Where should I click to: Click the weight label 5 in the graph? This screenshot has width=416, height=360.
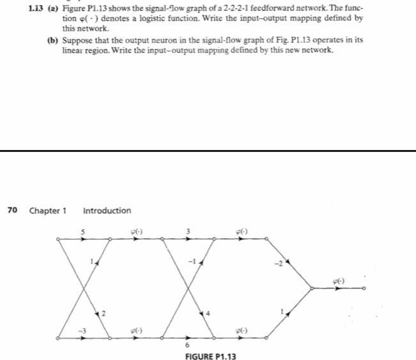pos(83,231)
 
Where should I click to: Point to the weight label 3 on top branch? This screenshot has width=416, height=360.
pos(189,231)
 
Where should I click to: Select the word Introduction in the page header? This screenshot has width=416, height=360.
pos(107,211)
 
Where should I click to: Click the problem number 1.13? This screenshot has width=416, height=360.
pos(38,9)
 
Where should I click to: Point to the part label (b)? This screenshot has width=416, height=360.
pos(54,40)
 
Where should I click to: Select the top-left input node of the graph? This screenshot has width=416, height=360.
pos(58,240)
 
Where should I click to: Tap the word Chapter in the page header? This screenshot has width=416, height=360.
pos(48,211)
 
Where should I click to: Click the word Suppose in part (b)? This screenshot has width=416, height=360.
pos(79,40)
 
